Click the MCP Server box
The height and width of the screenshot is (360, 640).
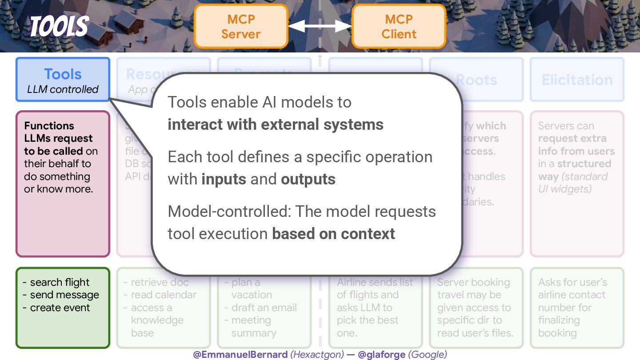tap(241, 26)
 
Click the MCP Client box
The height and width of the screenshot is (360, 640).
tap(399, 26)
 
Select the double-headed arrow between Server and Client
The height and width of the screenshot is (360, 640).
tap(320, 26)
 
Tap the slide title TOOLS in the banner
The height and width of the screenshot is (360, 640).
tap(59, 26)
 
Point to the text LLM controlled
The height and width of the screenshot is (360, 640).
tap(63, 89)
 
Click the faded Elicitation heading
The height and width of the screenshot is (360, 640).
tap(577, 80)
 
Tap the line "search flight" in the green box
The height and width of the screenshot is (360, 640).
tap(60, 282)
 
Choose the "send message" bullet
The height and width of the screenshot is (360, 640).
tap(64, 295)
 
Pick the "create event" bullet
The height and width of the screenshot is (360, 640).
tap(60, 308)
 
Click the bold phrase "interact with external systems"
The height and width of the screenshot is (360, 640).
tap(275, 125)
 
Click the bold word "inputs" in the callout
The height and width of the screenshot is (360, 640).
tap(224, 179)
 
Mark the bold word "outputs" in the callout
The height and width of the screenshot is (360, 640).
tap(308, 179)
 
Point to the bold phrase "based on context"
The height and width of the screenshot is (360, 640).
tap(333, 234)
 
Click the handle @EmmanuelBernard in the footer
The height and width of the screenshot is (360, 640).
tap(240, 354)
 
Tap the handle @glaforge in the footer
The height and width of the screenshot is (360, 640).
tap(381, 354)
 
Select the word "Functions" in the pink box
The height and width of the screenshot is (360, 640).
tap(49, 126)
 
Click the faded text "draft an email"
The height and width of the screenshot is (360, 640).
tap(264, 308)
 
